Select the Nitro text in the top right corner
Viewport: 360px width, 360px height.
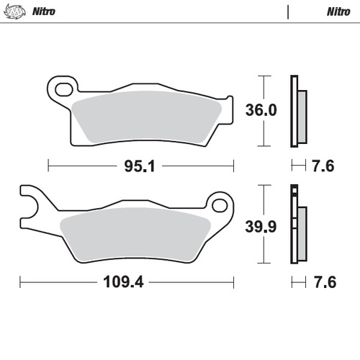pos(338,12)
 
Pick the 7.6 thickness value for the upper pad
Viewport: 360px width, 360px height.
pos(324,166)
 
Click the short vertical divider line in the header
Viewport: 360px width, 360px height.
pos(288,12)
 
